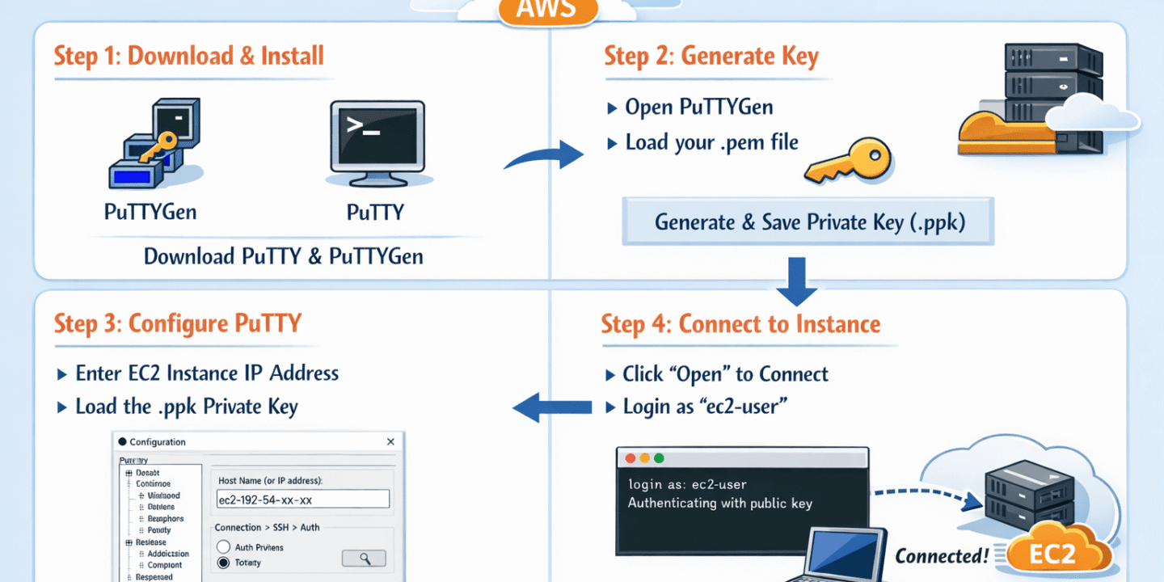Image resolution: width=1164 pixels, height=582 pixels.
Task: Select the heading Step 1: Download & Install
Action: tap(189, 56)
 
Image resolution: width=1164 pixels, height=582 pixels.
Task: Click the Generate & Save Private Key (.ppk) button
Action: tap(808, 221)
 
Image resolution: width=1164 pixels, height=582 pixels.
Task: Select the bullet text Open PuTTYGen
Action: tap(698, 107)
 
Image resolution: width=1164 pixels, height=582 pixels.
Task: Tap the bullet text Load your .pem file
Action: tap(711, 143)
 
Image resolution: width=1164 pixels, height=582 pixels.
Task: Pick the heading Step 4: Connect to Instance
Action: tap(740, 324)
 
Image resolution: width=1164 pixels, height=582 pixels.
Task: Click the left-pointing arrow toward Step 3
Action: tap(553, 406)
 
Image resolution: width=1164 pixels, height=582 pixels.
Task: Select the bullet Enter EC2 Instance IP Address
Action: tap(207, 373)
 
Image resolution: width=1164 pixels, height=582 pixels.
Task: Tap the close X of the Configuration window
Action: tap(390, 442)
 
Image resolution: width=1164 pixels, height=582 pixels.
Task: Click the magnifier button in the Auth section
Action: tap(364, 558)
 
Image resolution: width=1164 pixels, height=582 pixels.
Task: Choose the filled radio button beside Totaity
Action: tap(224, 563)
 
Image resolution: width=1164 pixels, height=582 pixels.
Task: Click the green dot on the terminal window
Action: tap(659, 458)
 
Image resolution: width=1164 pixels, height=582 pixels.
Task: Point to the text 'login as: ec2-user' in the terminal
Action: tap(687, 485)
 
